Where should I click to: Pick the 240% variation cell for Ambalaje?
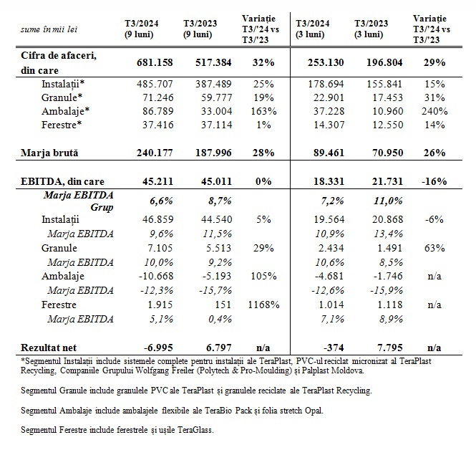pyautogui.click(x=434, y=111)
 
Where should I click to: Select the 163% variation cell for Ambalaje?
pyautogui.click(x=266, y=111)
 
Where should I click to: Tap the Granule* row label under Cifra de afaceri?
pyautogui.click(x=62, y=98)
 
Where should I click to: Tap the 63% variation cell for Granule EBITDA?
pyautogui.click(x=434, y=247)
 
